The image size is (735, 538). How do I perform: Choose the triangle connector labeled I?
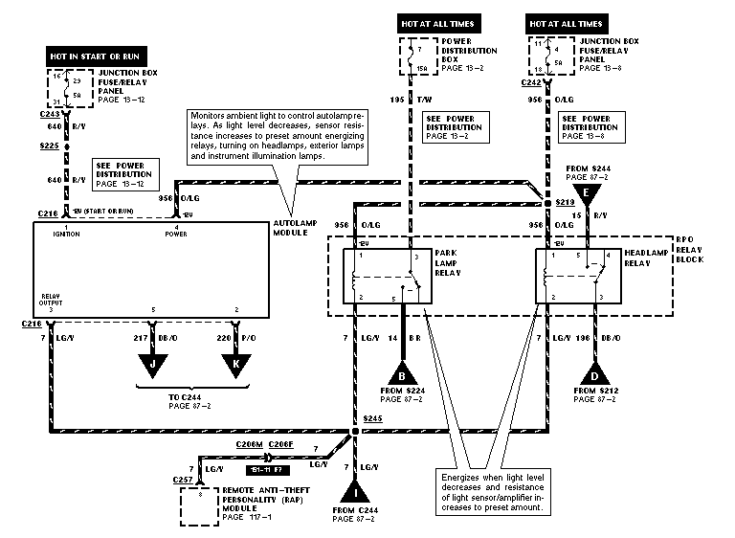356,492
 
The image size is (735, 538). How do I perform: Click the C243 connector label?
49,113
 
